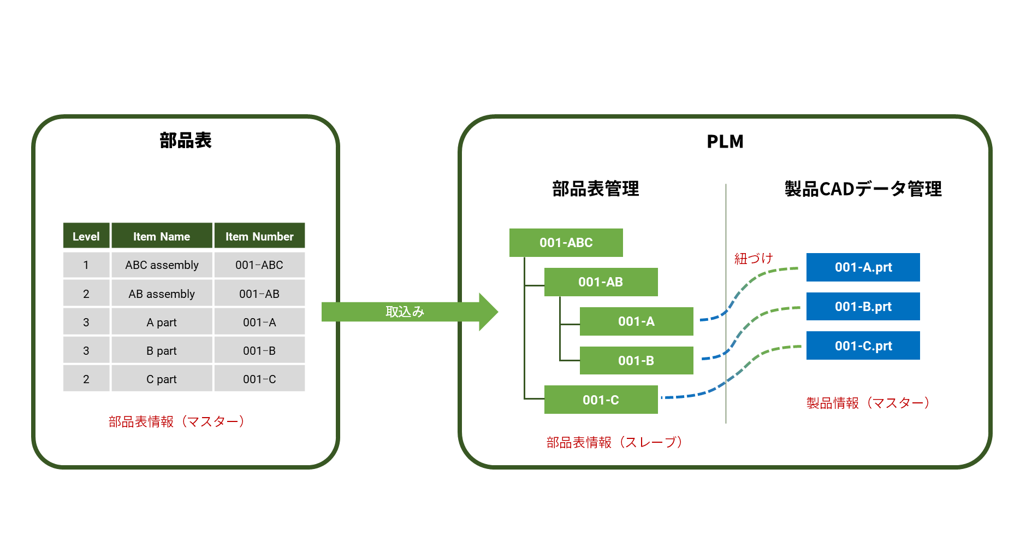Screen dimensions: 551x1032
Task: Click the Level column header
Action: pyautogui.click(x=86, y=236)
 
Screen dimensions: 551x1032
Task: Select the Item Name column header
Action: pyautogui.click(x=162, y=236)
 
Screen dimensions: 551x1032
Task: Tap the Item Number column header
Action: pyautogui.click(x=259, y=236)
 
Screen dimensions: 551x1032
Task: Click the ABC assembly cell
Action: pyautogui.click(x=162, y=265)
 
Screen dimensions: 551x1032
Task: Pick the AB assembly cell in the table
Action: pyautogui.click(x=162, y=294)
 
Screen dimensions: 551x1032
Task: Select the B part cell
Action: pyautogui.click(x=162, y=351)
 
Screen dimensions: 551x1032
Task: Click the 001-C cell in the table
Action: pyautogui.click(x=259, y=379)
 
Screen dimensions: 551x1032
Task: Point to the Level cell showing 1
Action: pyautogui.click(x=86, y=265)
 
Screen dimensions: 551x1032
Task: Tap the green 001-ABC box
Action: pyautogui.click(x=566, y=243)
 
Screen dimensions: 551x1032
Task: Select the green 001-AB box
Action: pyautogui.click(x=601, y=282)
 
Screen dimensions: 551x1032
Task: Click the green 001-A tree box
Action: pyautogui.click(x=636, y=321)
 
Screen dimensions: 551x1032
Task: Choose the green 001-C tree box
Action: pyautogui.click(x=601, y=400)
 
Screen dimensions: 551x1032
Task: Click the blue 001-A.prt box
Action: pyautogui.click(x=863, y=267)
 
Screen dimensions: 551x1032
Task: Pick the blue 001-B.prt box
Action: pyautogui.click(x=863, y=307)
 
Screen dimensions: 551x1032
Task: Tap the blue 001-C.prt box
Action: pyautogui.click(x=863, y=346)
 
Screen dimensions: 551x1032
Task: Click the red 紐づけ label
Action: pyautogui.click(x=754, y=259)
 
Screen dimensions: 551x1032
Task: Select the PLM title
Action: pyautogui.click(x=725, y=142)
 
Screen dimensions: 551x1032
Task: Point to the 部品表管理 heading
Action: pyautogui.click(x=595, y=189)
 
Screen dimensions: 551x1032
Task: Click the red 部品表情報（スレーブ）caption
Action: pyautogui.click(x=614, y=442)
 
